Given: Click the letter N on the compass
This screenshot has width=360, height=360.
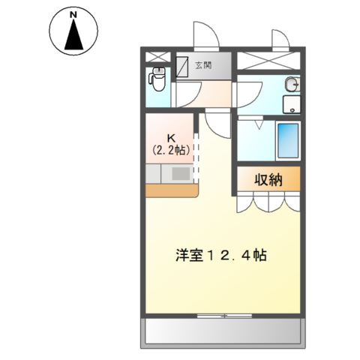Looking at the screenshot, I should coord(73,14).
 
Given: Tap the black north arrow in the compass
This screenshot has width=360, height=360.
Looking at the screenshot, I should coord(73,37).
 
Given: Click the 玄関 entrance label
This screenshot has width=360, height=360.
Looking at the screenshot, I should coord(203,66).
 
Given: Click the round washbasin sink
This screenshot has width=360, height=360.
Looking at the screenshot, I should coord(292,84).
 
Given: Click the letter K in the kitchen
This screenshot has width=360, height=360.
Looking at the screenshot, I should coord(170,136).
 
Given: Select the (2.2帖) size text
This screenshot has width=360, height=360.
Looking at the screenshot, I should coord(170,148).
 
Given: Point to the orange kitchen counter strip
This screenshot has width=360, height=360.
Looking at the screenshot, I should coord(170,190).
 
